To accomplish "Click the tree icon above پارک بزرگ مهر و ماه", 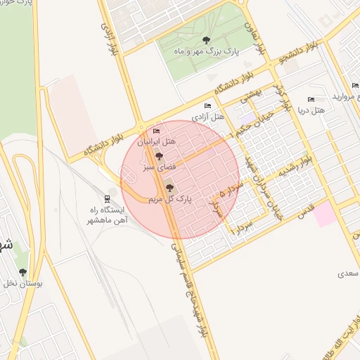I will point(205,40).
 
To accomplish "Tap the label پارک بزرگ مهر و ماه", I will point(207,52).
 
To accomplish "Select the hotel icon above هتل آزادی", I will point(207,105).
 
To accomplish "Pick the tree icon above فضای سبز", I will point(158,157).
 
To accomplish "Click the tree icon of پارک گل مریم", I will point(169,188).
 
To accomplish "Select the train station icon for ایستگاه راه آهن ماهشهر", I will point(107,198).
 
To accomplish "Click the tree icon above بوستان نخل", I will point(23,272).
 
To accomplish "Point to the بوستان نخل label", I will point(24,284).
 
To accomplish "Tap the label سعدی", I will point(347,271).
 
